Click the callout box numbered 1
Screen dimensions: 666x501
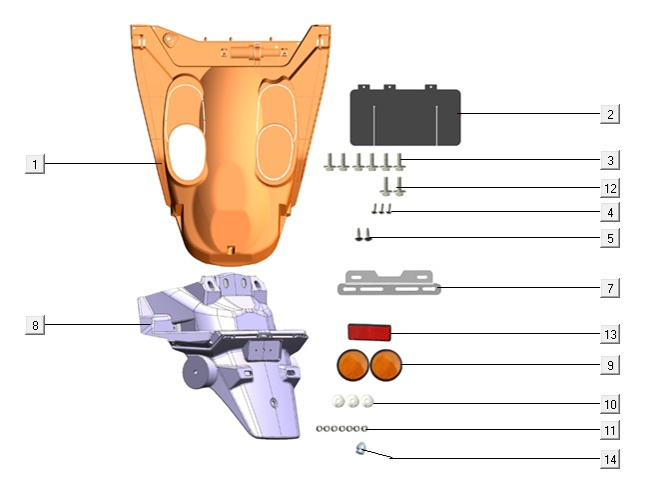click(x=35, y=164)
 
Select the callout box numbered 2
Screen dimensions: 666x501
click(x=610, y=114)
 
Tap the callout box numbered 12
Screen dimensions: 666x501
click(x=610, y=188)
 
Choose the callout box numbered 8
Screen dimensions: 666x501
click(x=35, y=325)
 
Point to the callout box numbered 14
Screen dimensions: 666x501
click(x=610, y=459)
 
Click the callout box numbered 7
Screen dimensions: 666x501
click(x=610, y=288)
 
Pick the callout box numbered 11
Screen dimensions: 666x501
click(x=610, y=430)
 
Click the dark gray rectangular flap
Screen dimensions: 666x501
click(x=405, y=116)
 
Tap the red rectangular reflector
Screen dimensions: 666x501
click(x=369, y=332)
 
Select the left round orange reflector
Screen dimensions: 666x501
click(x=352, y=365)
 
